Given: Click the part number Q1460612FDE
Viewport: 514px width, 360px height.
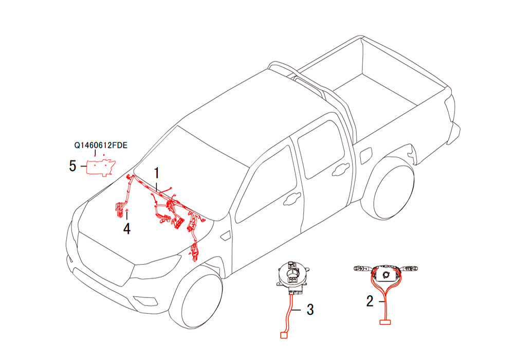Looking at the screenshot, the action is coord(101,145).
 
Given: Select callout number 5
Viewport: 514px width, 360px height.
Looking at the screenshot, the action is coord(72,166).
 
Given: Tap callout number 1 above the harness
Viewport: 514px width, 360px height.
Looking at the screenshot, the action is coord(157,173).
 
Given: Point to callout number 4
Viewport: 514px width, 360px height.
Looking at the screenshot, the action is coord(127,228).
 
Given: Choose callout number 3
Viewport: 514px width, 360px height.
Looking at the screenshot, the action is coord(310,310).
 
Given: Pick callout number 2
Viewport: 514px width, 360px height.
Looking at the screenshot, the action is coord(370,301).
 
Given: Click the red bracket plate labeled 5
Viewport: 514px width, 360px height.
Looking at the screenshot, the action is coord(101,168).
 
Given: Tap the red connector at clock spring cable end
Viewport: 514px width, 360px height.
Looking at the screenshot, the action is coord(284,335).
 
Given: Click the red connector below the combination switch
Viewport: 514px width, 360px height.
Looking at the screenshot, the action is coord(385,322).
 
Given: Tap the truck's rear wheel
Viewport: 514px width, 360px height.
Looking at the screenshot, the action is coord(392,191).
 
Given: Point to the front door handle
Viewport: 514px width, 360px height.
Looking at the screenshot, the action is coord(292,198).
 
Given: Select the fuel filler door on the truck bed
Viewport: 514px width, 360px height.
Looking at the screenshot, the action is coord(366,156).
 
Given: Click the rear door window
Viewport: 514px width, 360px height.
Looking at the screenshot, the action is coord(321,149).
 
